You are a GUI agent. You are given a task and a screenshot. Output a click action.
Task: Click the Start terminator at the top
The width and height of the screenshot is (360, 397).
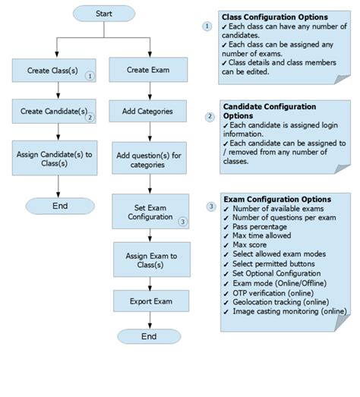[105, 14]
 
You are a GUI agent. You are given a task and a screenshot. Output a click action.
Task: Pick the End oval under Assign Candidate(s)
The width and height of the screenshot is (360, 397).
[60, 206]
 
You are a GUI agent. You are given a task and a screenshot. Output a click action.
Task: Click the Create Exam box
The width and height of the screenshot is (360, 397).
[148, 71]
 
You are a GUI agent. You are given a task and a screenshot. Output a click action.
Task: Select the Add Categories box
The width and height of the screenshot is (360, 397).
[148, 112]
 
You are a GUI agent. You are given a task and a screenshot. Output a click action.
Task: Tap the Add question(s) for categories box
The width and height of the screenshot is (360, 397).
[148, 159]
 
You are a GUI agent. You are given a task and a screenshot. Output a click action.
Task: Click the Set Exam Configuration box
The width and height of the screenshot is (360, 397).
[150, 212]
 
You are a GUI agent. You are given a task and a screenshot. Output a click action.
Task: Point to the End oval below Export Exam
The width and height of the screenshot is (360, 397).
[150, 336]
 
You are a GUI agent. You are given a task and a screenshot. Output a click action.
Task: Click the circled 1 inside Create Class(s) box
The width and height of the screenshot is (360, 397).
[90, 76]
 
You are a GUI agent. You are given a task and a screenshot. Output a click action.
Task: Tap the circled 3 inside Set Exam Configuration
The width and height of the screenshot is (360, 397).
[182, 222]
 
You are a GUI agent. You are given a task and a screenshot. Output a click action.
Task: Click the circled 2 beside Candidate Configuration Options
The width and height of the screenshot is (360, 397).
[210, 116]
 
